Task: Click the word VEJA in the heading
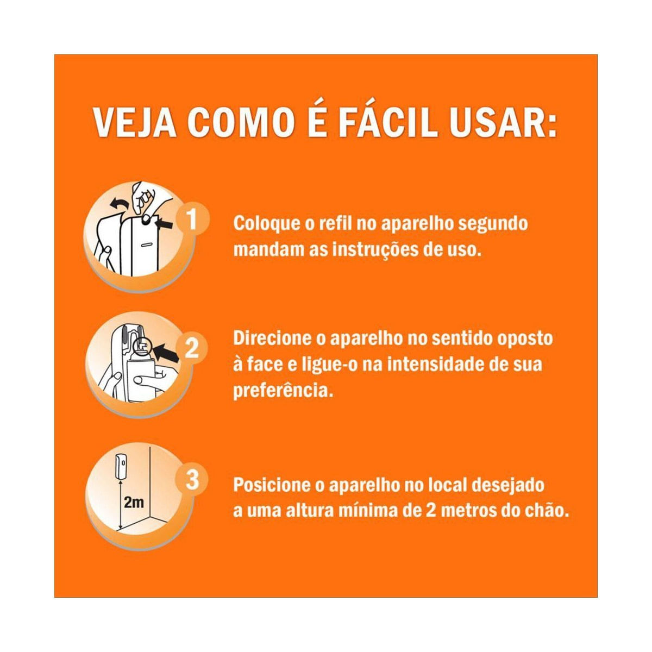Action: (135, 122)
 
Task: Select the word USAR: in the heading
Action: (503, 122)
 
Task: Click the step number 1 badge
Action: (191, 220)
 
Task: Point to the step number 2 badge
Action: (191, 348)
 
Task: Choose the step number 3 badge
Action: (192, 480)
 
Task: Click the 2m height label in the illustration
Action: (134, 502)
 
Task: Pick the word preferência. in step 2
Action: (283, 390)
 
